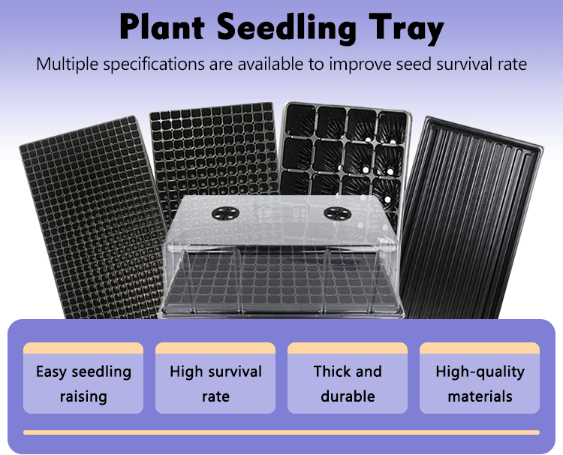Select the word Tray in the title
click(x=402, y=29)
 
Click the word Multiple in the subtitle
click(x=69, y=64)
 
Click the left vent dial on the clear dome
click(x=224, y=213)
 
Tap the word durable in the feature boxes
click(x=348, y=396)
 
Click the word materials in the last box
click(x=480, y=396)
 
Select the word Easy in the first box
click(x=52, y=372)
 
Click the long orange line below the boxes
click(x=281, y=432)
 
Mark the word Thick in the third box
click(x=331, y=372)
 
